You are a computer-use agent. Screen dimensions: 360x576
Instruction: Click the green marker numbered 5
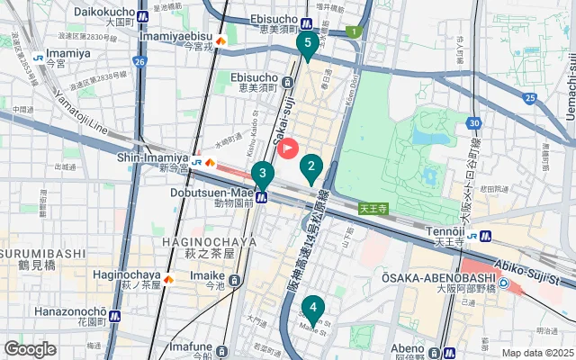click(x=308, y=43)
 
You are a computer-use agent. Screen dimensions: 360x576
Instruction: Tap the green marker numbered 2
click(x=311, y=166)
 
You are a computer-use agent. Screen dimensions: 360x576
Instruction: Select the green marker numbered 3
click(x=262, y=175)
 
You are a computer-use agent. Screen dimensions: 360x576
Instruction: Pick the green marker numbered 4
click(x=312, y=308)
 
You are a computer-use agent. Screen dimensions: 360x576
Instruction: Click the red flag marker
click(x=288, y=147)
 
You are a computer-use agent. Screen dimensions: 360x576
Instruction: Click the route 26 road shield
click(x=139, y=61)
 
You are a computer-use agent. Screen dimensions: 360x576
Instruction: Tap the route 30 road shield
click(x=474, y=121)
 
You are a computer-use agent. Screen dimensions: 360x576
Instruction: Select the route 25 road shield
click(x=530, y=97)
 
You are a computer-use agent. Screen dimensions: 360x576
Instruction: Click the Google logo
click(x=31, y=349)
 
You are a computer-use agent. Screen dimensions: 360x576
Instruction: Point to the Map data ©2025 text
click(x=536, y=353)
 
